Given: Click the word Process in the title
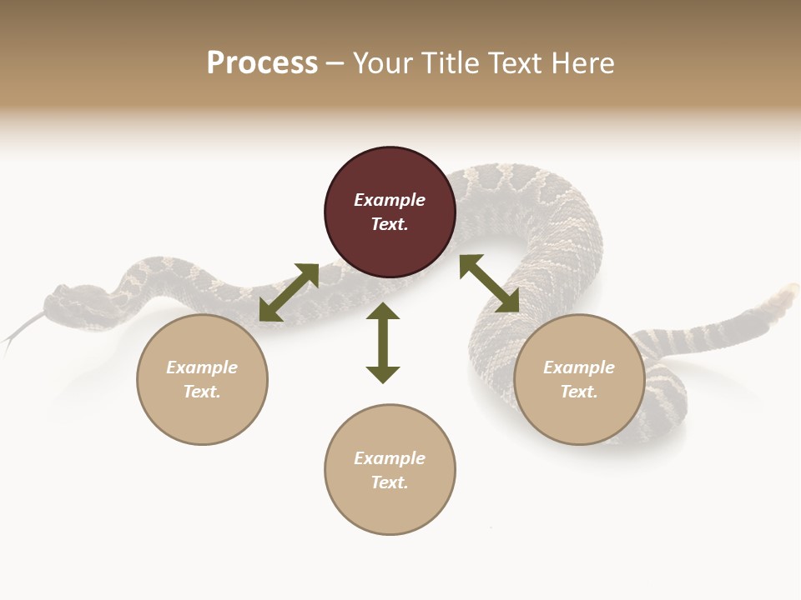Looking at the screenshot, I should [262, 63].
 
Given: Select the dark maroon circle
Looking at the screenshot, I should [390, 212].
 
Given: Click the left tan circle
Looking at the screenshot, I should [202, 379].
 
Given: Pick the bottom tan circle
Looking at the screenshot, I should [390, 470].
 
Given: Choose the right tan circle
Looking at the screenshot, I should [579, 379].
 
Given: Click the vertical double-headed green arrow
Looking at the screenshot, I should [383, 342].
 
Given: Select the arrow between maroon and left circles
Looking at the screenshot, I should [289, 292].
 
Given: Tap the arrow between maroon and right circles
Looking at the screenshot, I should [490, 283].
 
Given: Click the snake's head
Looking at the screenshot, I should [67, 300].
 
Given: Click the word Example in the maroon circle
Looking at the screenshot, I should [390, 200].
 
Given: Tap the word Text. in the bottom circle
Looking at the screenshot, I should [390, 482].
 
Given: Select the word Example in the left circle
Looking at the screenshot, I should [202, 367].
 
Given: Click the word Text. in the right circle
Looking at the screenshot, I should [579, 392].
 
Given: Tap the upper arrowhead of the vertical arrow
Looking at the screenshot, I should [383, 311].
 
